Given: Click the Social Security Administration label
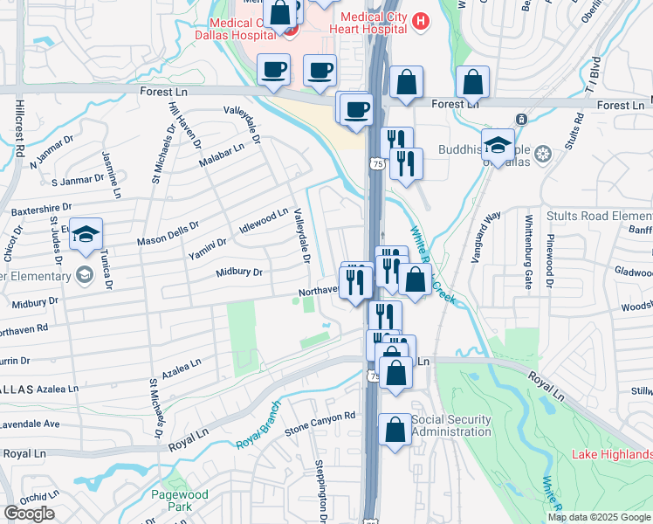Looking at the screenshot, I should pyautogui.click(x=450, y=425).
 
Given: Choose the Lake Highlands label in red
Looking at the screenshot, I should pyautogui.click(x=612, y=454).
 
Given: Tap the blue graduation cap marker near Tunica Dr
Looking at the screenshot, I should pyautogui.click(x=86, y=234).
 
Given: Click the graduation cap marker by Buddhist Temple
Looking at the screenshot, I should pyautogui.click(x=498, y=146).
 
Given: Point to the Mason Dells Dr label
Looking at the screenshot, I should pyautogui.click(x=168, y=233).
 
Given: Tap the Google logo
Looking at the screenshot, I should pyautogui.click(x=29, y=514).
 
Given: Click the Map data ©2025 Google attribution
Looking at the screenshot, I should pyautogui.click(x=599, y=517).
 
